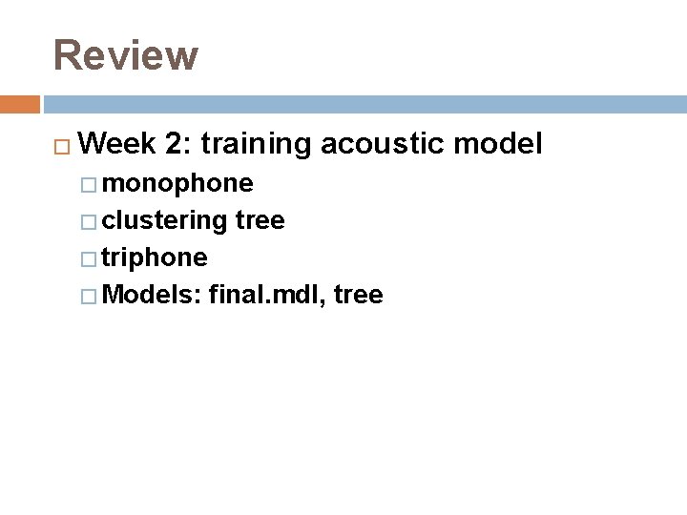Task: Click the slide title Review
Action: point(125,55)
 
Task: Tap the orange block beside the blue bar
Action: point(19,104)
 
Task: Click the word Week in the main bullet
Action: point(119,145)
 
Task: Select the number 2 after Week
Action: point(174,145)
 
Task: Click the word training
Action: point(256,145)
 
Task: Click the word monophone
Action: point(177,183)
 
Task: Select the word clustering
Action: point(164,221)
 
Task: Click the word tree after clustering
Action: point(260,221)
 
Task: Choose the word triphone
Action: point(155,258)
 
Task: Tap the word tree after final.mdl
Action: point(359,296)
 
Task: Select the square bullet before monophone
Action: point(90,184)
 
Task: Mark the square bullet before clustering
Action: point(90,222)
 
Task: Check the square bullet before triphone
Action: point(90,259)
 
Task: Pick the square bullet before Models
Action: point(90,297)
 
